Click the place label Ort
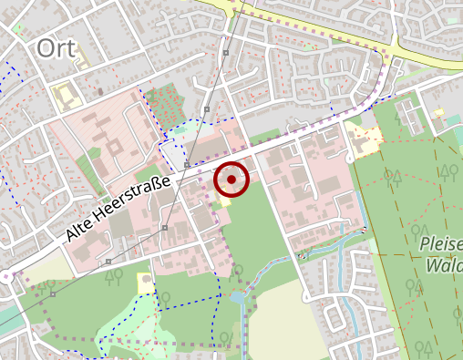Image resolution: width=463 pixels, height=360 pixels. coord(57,49)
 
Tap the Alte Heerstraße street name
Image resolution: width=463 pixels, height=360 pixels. coord(119,211)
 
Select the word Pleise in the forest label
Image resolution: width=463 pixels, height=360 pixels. coord(442,244)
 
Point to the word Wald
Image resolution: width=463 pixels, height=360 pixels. coord(444,266)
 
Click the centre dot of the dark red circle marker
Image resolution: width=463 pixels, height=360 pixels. coord(231,180)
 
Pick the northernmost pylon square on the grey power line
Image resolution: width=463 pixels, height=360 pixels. coord(225,54)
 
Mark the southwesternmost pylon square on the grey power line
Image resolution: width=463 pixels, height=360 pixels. coord(108,262)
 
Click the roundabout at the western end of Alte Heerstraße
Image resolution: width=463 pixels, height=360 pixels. coord(8,275)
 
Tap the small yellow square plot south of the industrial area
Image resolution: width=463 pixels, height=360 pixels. coord(146,283)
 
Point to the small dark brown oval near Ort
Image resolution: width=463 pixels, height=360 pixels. coord(99,91)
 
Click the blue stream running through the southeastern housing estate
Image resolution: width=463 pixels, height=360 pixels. coord(342,273)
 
